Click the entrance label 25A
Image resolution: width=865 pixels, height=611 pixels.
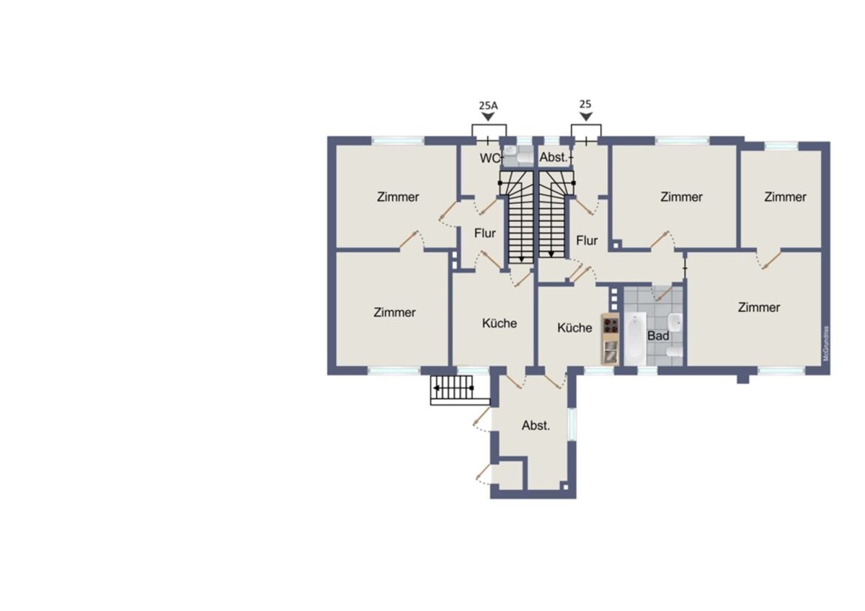coord(488,105)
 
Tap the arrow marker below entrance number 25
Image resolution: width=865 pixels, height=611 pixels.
coord(586,117)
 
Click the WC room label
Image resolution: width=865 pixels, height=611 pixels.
coord(489,159)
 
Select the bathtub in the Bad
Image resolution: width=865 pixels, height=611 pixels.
coord(635,338)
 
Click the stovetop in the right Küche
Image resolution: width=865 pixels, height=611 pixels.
coord(610,325)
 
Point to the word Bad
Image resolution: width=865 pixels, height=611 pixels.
coord(658,336)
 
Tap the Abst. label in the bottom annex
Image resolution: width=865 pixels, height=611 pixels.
coord(536,425)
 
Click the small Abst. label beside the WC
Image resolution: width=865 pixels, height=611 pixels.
coord(554,158)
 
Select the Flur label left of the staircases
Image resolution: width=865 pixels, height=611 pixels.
coord(484,233)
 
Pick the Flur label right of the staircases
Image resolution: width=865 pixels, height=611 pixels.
coord(587,241)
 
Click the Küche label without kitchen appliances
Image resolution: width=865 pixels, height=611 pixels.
coord(500,323)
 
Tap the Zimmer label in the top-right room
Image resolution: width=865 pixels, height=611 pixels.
coord(785,197)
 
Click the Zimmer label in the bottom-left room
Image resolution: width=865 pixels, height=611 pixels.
coord(394,312)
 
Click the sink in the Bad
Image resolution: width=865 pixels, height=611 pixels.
coord(675,322)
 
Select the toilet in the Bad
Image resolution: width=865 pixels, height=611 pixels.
coord(675,351)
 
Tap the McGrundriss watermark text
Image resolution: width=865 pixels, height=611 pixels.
coord(826,344)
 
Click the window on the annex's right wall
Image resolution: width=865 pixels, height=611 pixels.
coord(572,424)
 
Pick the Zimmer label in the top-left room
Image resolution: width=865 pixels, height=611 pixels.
coord(398,197)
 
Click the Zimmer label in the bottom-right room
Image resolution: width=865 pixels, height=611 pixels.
coord(759,307)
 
